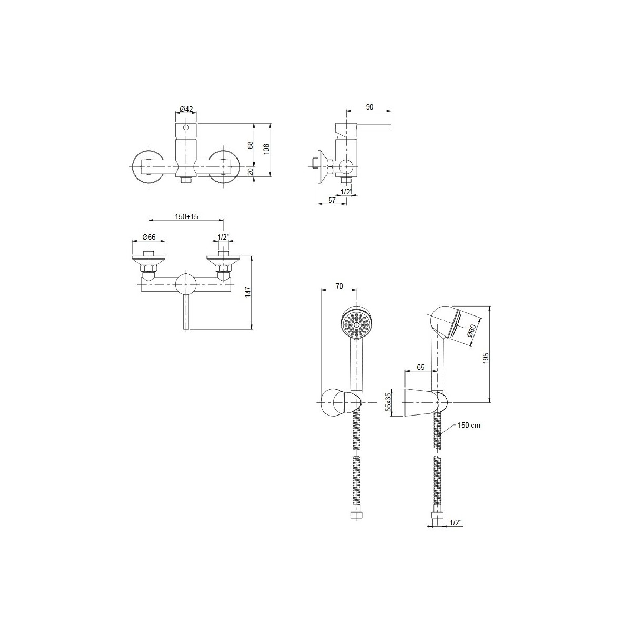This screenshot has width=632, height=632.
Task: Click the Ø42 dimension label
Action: (186, 109)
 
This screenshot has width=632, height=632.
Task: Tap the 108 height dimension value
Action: (266, 149)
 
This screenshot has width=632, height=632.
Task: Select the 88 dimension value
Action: (251, 145)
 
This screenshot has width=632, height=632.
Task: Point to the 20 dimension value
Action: (251, 171)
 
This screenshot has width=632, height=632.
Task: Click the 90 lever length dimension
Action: (370, 107)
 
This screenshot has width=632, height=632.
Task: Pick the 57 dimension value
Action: (332, 200)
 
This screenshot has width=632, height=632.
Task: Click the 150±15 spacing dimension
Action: (186, 216)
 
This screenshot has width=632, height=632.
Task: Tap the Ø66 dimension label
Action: (149, 237)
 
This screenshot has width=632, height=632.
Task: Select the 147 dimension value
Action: (248, 292)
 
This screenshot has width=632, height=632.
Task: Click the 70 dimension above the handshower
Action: (340, 286)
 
